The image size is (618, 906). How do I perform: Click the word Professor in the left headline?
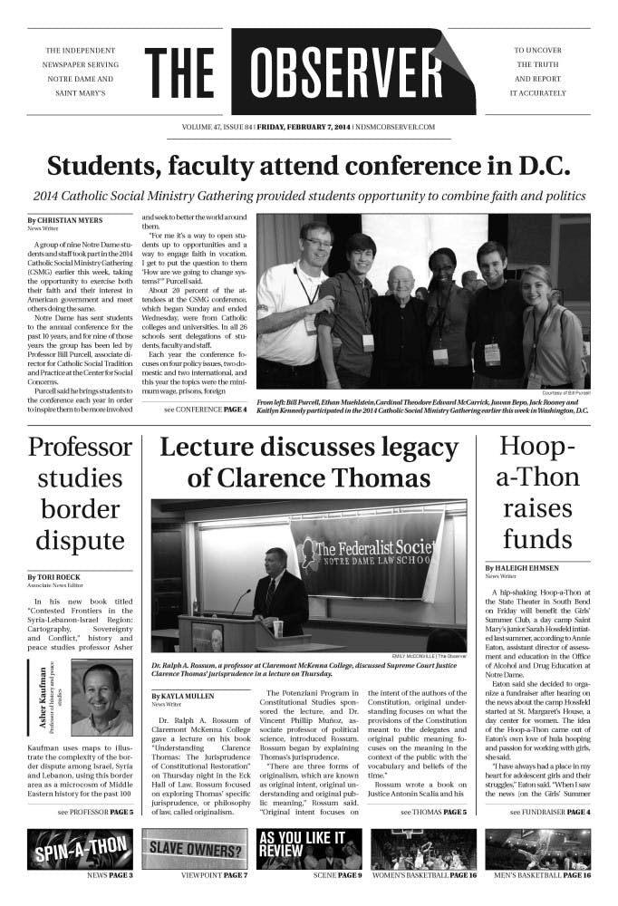80,448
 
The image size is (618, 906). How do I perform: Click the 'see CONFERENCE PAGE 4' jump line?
205,410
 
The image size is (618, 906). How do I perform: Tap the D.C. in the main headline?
538,167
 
